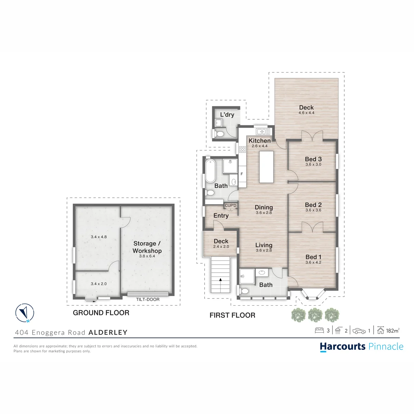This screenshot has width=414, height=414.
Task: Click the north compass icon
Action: pyautogui.click(x=25, y=313)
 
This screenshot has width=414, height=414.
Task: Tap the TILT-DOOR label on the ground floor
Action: pyautogui.click(x=148, y=299)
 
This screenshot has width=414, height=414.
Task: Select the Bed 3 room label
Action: pyautogui.click(x=313, y=159)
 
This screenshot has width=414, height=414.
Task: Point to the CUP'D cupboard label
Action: pyautogui.click(x=230, y=205)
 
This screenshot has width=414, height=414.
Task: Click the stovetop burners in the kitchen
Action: pyautogui.click(x=243, y=149)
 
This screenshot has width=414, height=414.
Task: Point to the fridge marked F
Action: pyautogui.click(x=242, y=174)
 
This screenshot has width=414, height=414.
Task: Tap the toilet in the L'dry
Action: pyautogui.click(x=219, y=134)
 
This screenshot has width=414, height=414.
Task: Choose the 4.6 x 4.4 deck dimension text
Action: pyautogui.click(x=306, y=112)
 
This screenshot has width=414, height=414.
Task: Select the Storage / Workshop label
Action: pyautogui.click(x=147, y=247)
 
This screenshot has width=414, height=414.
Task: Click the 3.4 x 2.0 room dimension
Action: pyautogui.click(x=99, y=284)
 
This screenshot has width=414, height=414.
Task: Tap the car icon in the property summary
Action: pyautogui.click(x=359, y=331)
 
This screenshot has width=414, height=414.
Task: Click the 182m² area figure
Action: pyautogui.click(x=393, y=331)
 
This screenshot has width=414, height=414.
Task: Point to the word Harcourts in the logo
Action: pyautogui.click(x=343, y=346)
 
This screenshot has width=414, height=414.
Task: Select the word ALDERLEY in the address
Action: pyautogui.click(x=108, y=332)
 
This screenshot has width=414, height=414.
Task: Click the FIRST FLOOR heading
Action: pyautogui.click(x=233, y=315)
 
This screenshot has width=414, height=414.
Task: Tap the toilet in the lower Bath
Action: pyautogui.click(x=244, y=291)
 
